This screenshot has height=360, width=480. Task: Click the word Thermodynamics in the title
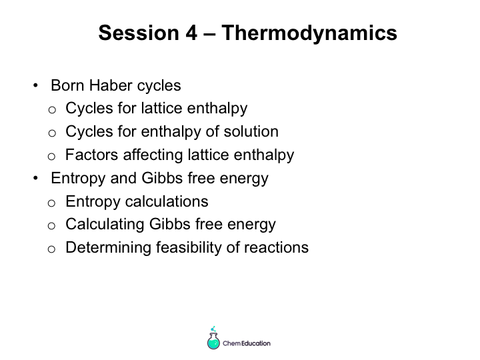point(309,33)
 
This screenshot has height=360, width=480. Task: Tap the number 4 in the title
point(191,33)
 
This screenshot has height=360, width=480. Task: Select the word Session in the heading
point(139,33)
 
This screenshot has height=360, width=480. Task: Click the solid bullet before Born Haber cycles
point(35,85)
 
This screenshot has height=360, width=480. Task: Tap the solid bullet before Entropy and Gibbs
point(35,178)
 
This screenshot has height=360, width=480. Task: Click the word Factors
point(91,155)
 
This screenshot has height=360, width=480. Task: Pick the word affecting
point(153,155)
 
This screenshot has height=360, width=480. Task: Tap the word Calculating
point(105,225)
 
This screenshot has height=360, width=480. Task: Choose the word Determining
point(109,247)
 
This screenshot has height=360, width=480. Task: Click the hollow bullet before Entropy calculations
point(52,203)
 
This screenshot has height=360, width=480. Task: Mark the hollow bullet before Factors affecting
point(52,157)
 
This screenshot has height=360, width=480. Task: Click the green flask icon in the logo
point(213,339)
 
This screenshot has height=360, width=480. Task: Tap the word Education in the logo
point(256,343)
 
